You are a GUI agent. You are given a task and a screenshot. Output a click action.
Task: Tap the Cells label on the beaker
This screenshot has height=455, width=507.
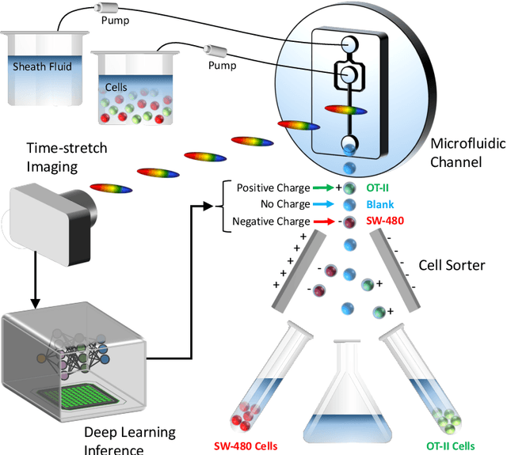[x=116, y=86]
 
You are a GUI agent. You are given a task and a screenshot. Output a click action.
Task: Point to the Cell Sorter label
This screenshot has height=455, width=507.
[x=453, y=265]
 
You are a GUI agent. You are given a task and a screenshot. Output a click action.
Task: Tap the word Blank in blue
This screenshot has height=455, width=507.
[x=379, y=204]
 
